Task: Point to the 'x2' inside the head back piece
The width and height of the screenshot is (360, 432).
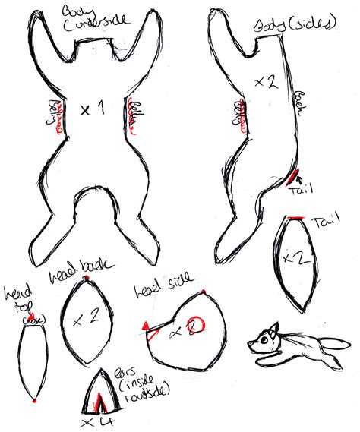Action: click(x=88, y=319)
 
